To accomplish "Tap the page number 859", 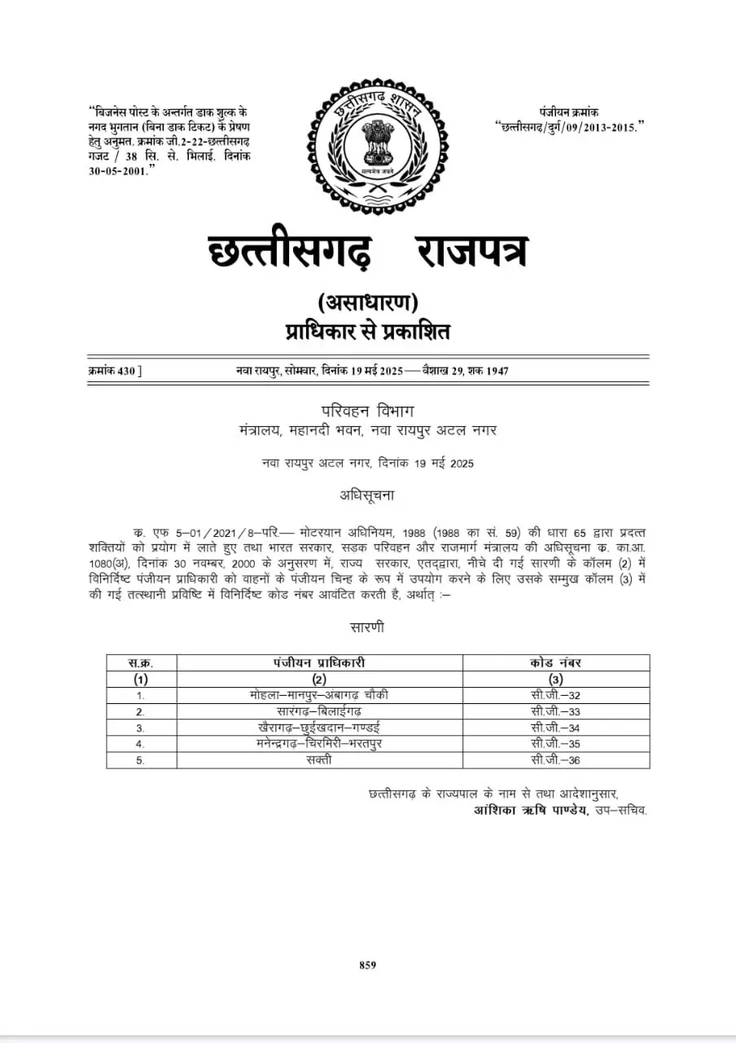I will tap(367, 965).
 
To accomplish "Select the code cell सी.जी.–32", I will tap(556, 695).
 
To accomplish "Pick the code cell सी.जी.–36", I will tap(556, 760).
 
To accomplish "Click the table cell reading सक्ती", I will tap(319, 760).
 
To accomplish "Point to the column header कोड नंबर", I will tap(556, 662).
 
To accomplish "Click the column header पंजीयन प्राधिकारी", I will tap(319, 662).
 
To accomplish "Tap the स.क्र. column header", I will tap(141, 662).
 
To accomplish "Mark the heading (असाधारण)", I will tap(367, 303).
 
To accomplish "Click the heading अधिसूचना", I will tap(367, 495).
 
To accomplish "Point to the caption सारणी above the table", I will tap(367, 627).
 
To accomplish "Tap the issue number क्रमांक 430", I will tap(115, 371).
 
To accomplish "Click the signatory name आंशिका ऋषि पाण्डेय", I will tap(529, 810).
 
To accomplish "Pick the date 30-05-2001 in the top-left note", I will tap(120, 169).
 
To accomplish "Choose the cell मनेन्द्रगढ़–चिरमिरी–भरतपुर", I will tap(319, 744).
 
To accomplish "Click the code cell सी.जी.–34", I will tap(556, 728).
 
